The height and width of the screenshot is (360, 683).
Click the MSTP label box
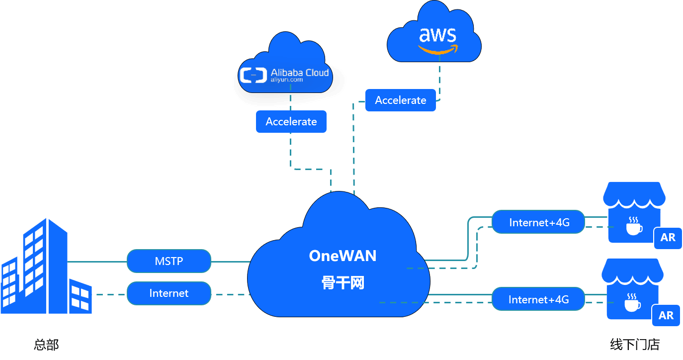pos(169,261)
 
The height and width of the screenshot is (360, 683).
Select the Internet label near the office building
pos(169,293)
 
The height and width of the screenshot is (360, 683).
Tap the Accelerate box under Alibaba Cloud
pos(291,122)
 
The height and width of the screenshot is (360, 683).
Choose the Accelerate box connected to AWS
pos(401,100)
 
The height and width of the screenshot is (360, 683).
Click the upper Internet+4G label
pos(539,222)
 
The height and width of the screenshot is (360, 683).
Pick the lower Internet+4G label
pos(538,299)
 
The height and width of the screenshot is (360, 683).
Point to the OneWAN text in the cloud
pos(342,256)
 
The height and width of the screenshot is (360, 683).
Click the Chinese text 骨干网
pos(342,283)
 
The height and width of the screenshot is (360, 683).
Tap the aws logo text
pos(437,35)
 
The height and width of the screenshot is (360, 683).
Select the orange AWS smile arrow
pos(437,50)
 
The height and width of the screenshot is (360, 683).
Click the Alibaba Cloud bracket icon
pos(253,75)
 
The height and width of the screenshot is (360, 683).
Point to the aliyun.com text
pos(287,80)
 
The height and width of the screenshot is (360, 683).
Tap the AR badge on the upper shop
pos(668,238)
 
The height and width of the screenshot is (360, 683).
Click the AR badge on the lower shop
pos(666,315)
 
